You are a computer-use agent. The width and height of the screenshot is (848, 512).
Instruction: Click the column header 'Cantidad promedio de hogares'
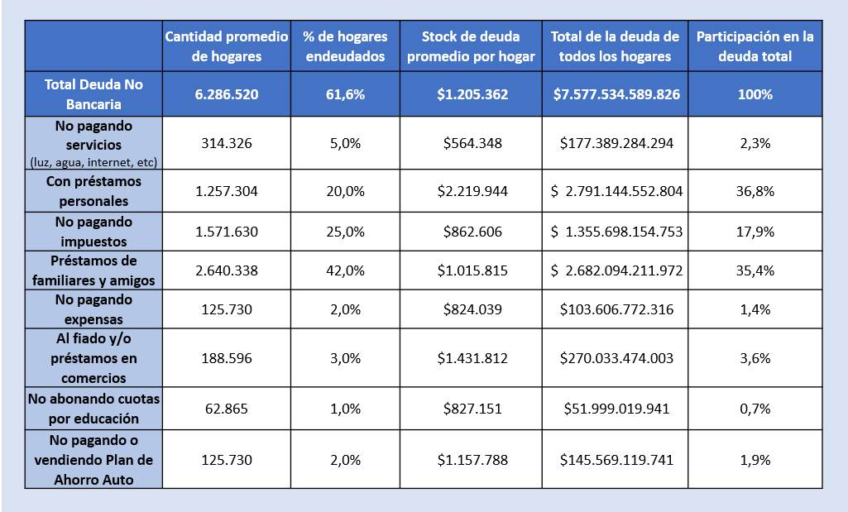tap(227, 46)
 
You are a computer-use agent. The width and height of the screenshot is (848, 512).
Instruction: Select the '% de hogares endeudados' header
tap(345, 46)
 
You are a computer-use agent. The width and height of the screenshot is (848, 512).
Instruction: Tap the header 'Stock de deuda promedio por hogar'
tap(471, 46)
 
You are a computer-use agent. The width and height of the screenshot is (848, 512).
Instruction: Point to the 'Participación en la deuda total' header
tap(755, 46)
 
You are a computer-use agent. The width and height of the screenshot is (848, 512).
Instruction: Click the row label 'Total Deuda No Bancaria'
tap(93, 94)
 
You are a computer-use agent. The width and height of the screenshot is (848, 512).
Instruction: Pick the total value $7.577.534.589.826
tap(616, 94)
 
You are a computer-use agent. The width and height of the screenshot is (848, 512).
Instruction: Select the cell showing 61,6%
tap(345, 94)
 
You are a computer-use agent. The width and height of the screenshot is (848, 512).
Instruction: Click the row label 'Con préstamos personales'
tap(93, 191)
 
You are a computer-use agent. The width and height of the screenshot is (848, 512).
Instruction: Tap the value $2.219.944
tap(472, 191)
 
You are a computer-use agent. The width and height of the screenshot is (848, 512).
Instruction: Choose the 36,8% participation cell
tap(755, 191)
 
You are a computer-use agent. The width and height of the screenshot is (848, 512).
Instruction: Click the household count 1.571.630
tap(227, 232)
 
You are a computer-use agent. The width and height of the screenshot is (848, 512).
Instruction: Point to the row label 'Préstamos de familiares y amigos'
tap(93, 270)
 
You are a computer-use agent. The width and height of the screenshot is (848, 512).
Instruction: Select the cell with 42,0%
tap(345, 270)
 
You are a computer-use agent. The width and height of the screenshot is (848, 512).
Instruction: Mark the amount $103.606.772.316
tap(616, 309)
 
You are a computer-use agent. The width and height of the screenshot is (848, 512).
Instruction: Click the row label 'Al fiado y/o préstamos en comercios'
tap(93, 358)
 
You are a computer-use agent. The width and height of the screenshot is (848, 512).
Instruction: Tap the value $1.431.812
tap(472, 358)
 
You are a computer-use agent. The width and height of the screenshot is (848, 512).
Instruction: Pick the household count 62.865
tap(227, 409)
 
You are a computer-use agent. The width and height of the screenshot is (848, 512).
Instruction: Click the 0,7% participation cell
tap(755, 409)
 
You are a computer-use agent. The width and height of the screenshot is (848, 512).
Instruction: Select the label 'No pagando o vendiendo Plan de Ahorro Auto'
tap(93, 460)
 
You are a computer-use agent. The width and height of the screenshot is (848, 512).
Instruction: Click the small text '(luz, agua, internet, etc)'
tap(93, 162)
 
